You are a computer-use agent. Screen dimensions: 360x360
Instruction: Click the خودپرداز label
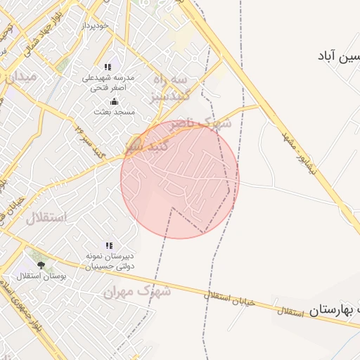point(97,25)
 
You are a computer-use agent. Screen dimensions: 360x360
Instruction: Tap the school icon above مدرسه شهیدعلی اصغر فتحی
point(108,67)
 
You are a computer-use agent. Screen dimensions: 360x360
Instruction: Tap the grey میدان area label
point(20,77)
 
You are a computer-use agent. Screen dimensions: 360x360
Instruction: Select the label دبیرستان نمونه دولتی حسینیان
point(109,262)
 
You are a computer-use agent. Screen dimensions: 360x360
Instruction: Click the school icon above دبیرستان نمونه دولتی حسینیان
point(109,245)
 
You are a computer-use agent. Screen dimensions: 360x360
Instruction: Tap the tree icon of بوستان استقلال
point(41,265)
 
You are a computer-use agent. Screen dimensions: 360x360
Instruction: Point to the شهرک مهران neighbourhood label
point(138,290)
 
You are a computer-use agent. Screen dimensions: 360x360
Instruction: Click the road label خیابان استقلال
point(228,298)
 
